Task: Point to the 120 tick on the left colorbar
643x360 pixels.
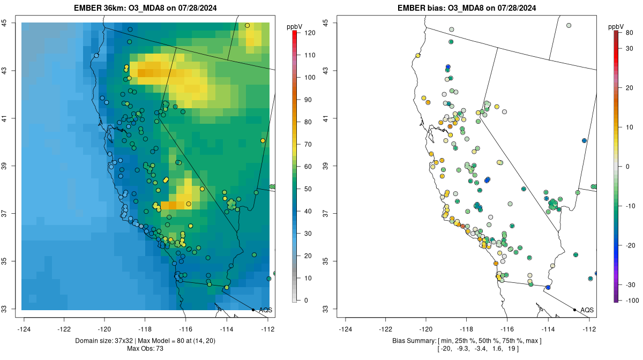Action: (310, 33)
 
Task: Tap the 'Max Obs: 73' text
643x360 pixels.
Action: (146, 349)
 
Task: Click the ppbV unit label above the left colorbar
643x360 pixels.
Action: (294, 26)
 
